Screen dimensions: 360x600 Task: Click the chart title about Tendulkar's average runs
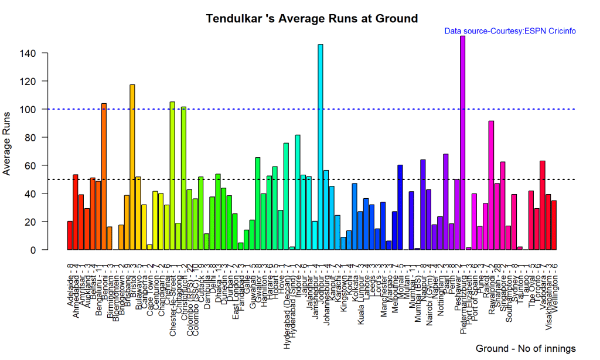click(x=312, y=19)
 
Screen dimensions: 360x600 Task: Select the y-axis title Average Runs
click(x=8, y=151)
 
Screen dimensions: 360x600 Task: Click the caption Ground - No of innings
click(x=526, y=348)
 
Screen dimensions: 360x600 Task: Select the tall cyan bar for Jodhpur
click(x=320, y=147)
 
